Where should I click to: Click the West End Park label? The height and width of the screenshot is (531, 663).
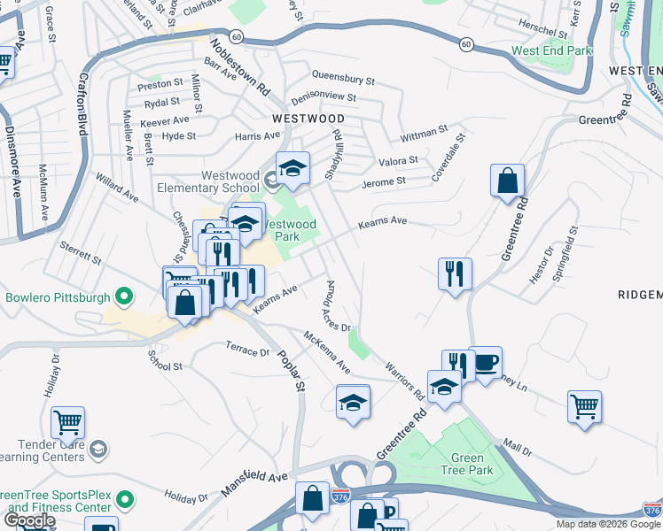(551, 50)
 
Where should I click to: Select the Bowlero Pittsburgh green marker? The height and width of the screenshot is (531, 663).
(125, 296)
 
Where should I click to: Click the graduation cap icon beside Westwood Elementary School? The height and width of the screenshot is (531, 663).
(292, 167)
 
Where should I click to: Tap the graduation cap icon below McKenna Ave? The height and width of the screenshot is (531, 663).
(353, 403)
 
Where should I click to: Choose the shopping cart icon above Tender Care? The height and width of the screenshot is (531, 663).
(67, 424)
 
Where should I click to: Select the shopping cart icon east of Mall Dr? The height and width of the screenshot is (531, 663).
(584, 408)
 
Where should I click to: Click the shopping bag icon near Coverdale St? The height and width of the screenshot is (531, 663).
(507, 181)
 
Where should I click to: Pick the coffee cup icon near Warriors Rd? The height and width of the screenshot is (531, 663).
(485, 363)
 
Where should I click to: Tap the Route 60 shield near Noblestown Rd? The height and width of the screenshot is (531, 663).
(234, 36)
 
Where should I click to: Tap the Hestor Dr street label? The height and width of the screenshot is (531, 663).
(542, 265)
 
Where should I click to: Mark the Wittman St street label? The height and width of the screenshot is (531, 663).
(424, 134)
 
